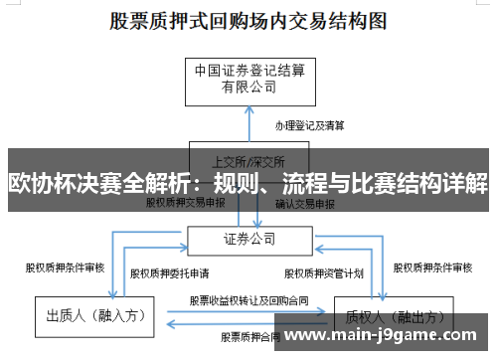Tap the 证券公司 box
tap(248, 239)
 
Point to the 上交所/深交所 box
tap(248, 159)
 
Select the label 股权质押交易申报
tap(186, 202)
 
